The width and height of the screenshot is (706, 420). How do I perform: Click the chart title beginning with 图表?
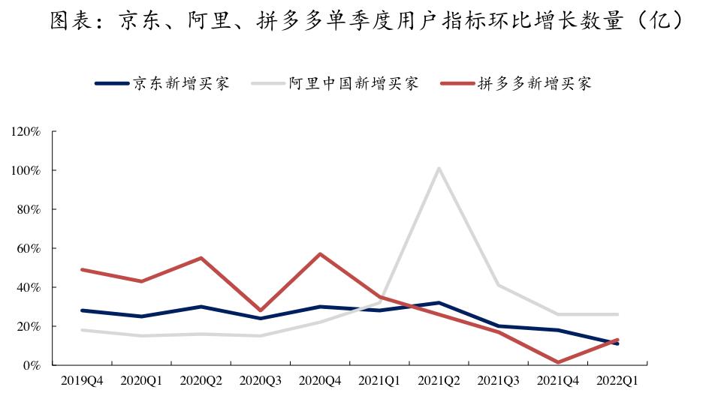click(353, 20)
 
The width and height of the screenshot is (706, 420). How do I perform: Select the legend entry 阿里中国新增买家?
click(354, 83)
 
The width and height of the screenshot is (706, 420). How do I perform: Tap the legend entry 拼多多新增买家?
click(534, 83)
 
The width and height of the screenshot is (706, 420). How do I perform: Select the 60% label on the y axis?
click(28, 248)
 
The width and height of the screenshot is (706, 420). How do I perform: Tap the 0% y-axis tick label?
click(31, 365)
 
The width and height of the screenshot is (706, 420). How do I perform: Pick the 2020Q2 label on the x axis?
click(201, 381)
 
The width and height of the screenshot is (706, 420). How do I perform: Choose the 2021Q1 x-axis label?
click(379, 381)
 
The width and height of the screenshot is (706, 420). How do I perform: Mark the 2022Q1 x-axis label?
click(617, 381)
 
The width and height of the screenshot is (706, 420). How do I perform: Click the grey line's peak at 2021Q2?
click(439, 168)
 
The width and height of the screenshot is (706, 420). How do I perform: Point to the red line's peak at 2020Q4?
click(320, 254)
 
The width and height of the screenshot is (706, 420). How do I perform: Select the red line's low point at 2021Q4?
click(558, 362)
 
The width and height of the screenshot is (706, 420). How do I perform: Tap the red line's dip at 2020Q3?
click(261, 310)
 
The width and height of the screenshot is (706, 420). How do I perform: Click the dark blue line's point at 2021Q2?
click(439, 303)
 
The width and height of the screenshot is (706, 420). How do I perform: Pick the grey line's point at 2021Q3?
click(499, 285)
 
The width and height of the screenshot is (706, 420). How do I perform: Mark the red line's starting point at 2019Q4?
click(81, 269)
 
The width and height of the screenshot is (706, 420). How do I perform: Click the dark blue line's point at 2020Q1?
click(141, 316)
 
